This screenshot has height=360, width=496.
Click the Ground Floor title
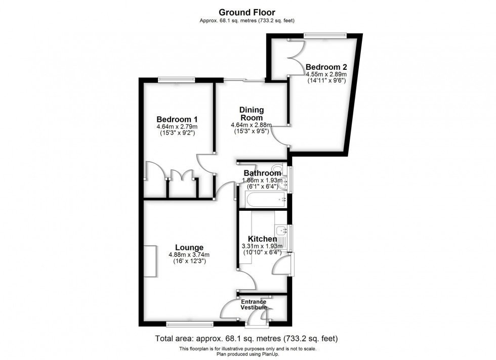[x=247, y=12]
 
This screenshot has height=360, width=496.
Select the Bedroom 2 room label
[x=326, y=67]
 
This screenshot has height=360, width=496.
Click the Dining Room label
[x=252, y=114]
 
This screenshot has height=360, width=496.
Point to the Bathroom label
[x=262, y=173]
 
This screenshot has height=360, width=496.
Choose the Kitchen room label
[x=262, y=239]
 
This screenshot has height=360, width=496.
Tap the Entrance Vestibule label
[x=254, y=305]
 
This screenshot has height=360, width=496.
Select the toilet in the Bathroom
[x=278, y=169]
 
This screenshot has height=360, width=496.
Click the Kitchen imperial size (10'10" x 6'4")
[x=262, y=253]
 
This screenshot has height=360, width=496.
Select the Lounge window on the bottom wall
[x=190, y=324]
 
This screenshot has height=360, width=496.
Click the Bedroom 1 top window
[x=177, y=79]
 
